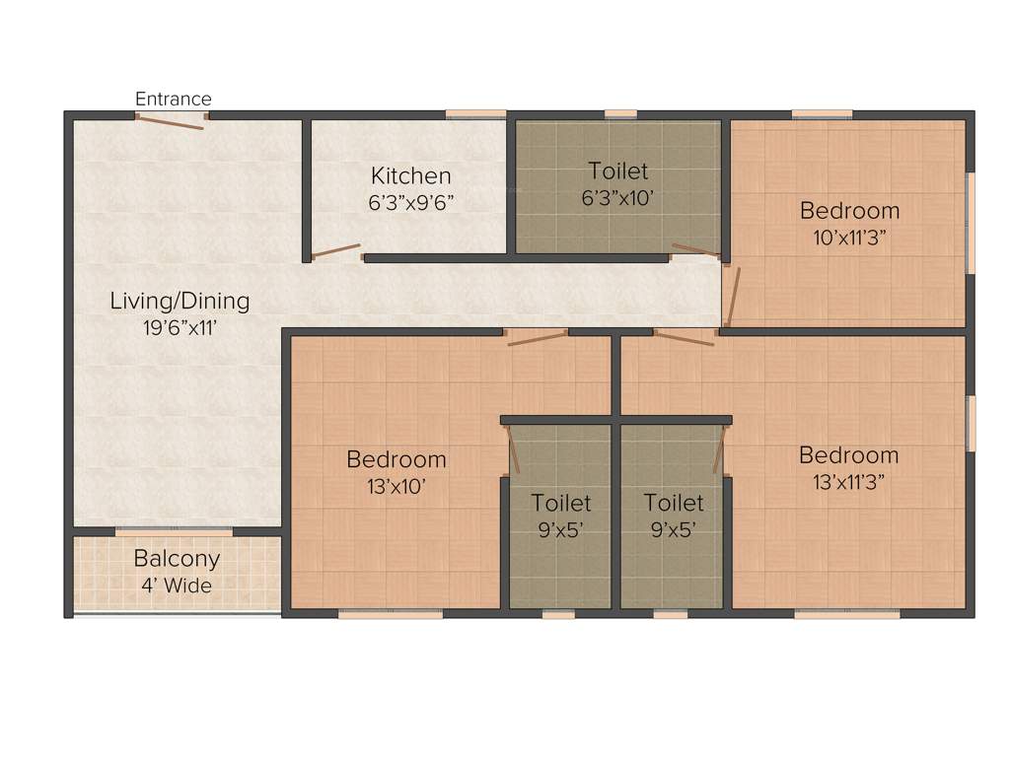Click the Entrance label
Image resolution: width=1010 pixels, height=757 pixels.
[173, 99]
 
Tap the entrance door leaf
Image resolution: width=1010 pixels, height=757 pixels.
[170, 122]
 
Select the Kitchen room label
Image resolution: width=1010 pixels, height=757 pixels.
[410, 176]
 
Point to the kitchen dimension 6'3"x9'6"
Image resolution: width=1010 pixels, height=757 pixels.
[410, 201]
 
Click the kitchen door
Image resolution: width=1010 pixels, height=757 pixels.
[336, 250]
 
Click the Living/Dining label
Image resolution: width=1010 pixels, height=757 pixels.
[180, 301]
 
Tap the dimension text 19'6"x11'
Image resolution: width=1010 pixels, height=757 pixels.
[180, 326]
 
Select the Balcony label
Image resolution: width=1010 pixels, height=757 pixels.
[177, 559]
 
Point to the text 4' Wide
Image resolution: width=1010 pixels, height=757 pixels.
[177, 585]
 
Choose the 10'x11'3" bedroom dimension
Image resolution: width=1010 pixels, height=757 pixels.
[849, 237]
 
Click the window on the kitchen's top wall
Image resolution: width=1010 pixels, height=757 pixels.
[475, 114]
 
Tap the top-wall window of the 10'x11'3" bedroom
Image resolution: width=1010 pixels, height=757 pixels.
[822, 114]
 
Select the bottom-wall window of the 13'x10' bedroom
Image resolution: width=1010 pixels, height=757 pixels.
[391, 614]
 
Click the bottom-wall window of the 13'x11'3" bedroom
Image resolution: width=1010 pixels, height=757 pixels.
[846, 614]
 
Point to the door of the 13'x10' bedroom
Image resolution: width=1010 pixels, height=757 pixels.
[538, 338]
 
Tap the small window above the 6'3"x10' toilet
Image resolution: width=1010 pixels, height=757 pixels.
[620, 114]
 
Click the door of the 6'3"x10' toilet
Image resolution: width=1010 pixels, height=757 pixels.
[696, 250]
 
